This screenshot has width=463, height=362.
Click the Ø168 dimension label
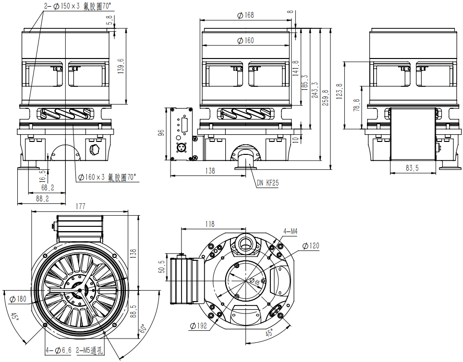245,15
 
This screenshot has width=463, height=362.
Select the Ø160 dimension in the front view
245,41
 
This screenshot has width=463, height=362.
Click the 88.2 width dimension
42,198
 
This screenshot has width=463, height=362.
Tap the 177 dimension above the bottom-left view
81,206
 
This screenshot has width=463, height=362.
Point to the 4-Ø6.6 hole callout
58,350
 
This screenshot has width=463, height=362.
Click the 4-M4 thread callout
290,232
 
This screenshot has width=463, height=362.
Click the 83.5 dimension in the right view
412,168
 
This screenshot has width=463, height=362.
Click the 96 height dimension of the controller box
161,133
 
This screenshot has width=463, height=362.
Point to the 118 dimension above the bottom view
210,224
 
